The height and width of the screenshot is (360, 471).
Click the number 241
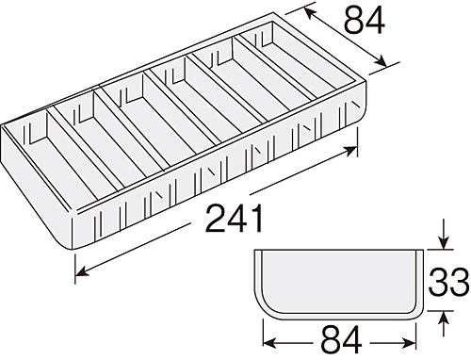pyautogui.click(x=235, y=219)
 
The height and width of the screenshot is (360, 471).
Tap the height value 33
pyautogui.click(x=448, y=282)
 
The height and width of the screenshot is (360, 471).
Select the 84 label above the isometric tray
pyautogui.click(x=365, y=21)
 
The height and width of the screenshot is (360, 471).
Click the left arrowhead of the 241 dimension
pyautogui.click(x=82, y=271)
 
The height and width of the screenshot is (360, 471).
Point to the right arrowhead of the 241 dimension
pyautogui.click(x=349, y=151)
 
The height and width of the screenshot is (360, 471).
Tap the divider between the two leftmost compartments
pyautogui.click(x=85, y=151)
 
